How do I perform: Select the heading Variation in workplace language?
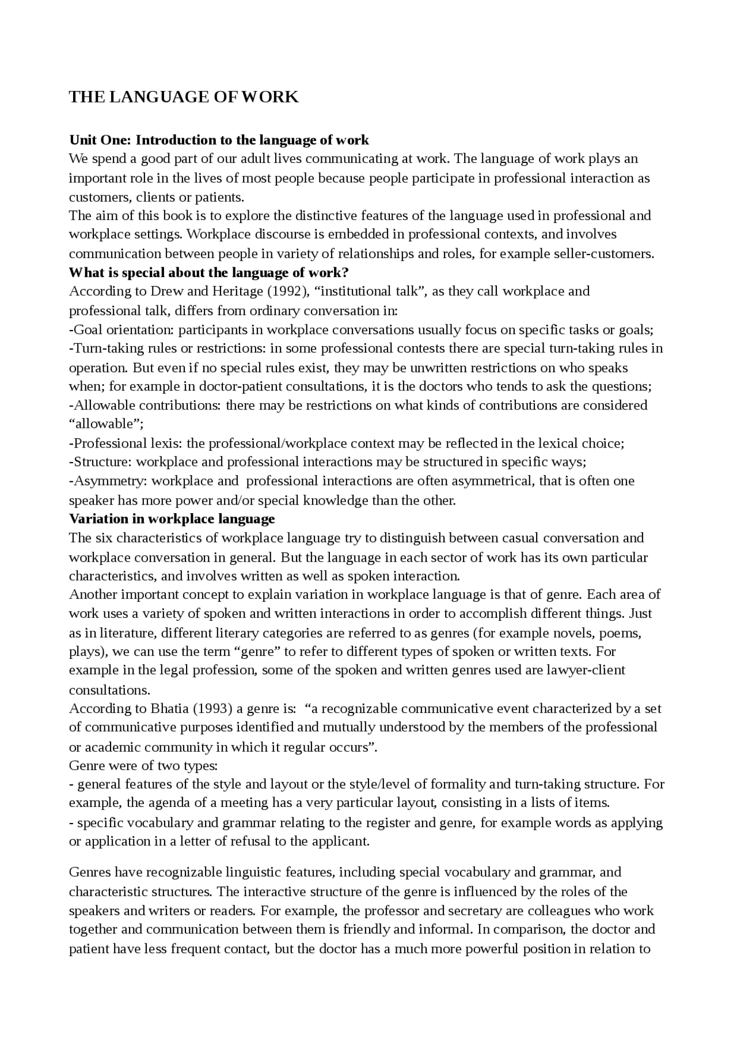[x=172, y=519]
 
